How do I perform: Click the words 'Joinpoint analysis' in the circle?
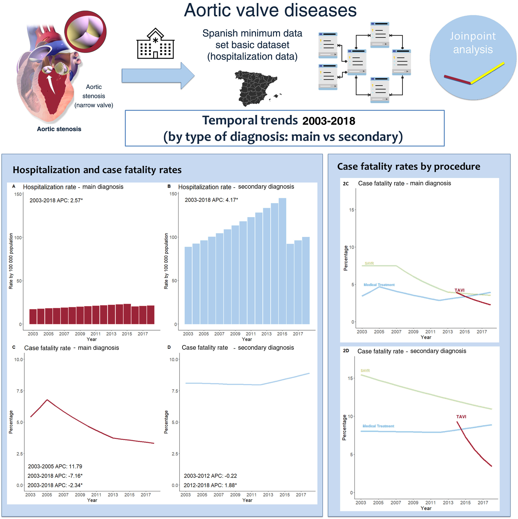(473, 43)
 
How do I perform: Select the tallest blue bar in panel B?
(282, 261)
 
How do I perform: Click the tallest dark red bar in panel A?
(127, 314)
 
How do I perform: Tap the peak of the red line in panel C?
(47, 400)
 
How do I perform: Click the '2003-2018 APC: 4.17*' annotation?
(211, 200)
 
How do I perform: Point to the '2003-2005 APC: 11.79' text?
(55, 466)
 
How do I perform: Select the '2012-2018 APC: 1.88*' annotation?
(210, 485)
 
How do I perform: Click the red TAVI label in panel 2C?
(459, 290)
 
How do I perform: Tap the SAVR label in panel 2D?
(365, 370)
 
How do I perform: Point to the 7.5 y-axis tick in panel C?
(20, 391)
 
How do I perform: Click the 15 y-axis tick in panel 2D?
(350, 378)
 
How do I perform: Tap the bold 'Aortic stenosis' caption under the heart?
(59, 129)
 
